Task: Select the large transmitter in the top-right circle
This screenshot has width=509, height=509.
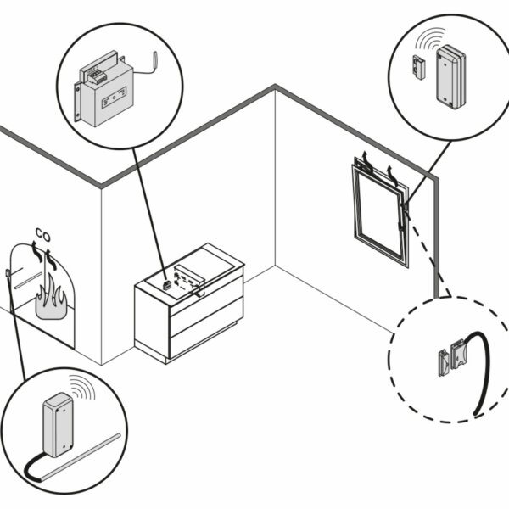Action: tap(449, 79)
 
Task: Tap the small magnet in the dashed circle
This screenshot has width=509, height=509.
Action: tap(442, 361)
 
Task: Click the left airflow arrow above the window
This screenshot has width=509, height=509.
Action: tap(366, 159)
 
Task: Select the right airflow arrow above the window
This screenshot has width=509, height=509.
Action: tap(391, 173)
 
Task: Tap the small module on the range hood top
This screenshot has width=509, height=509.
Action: tap(166, 286)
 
